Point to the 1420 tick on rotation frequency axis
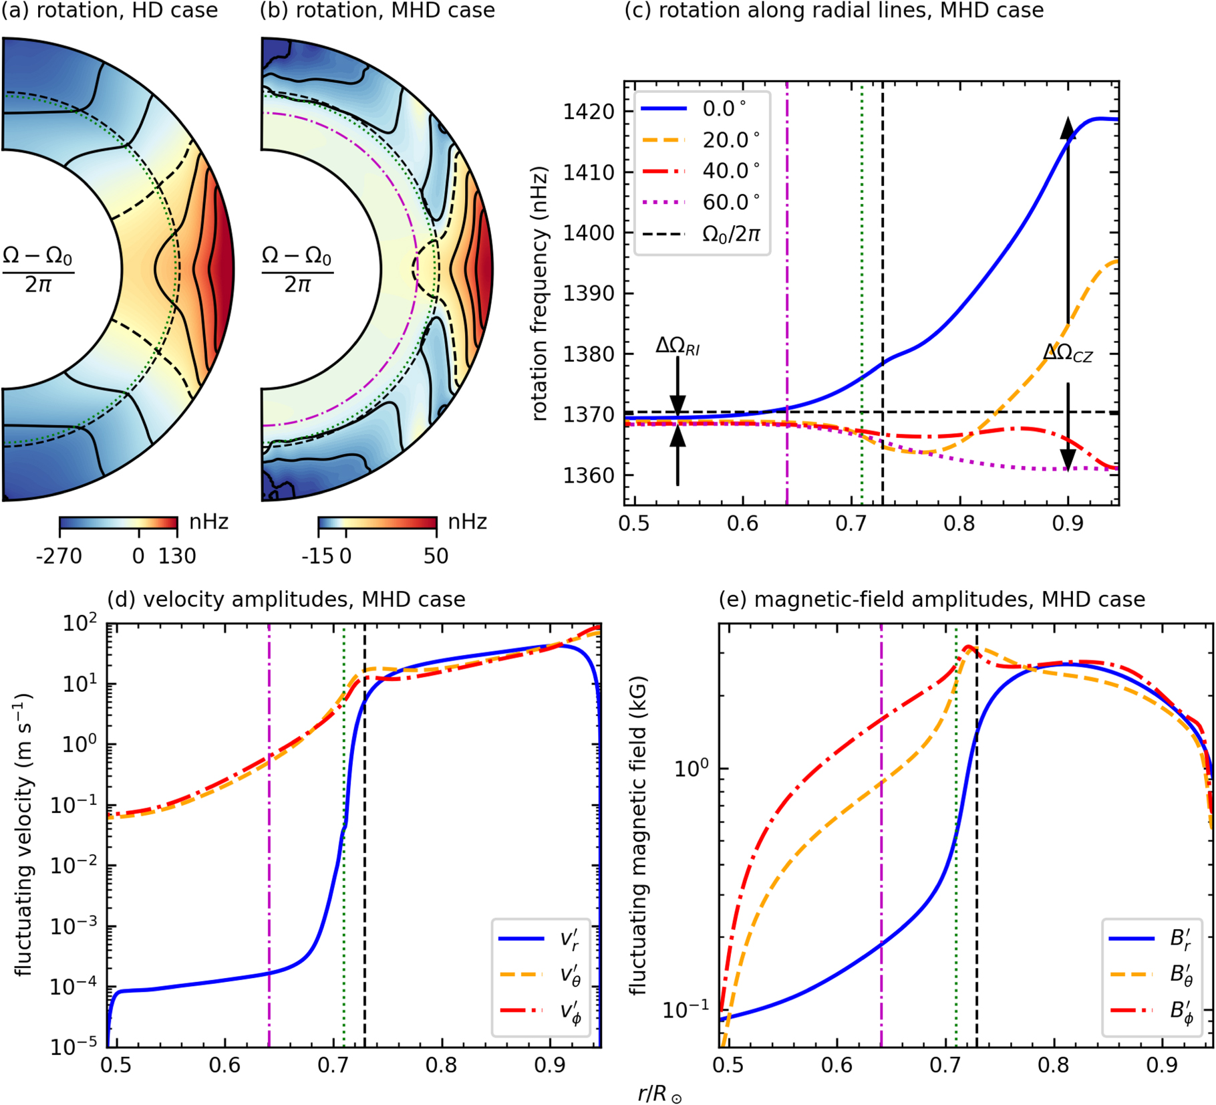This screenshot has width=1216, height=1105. tap(589, 112)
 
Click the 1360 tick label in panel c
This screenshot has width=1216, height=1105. tap(589, 475)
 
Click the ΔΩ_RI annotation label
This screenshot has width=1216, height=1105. tap(677, 346)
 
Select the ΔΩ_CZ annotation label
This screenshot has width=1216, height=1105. tap(1068, 353)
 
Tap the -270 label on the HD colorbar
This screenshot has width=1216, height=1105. tap(59, 556)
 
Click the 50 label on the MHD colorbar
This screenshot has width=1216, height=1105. tap(436, 556)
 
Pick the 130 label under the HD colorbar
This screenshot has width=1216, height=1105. tap(177, 556)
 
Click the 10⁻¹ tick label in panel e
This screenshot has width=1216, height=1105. tap(686, 1009)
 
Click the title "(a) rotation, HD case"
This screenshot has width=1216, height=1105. tap(110, 11)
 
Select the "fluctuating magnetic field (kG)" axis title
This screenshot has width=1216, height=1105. tap(639, 835)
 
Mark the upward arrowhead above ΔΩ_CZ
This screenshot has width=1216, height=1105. tap(1068, 127)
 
